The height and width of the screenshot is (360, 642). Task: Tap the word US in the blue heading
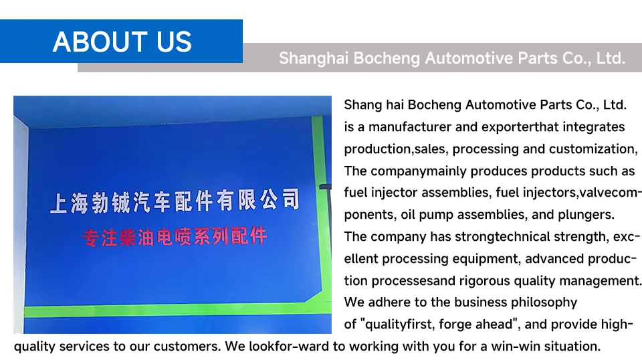pyautogui.click(x=175, y=41)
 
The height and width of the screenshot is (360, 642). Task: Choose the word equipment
pyautogui.click(x=487, y=258)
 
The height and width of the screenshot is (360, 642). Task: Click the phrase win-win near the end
pyautogui.click(x=500, y=347)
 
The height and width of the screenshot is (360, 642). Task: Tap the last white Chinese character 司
pyautogui.click(x=290, y=198)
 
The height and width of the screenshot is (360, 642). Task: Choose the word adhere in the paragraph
pyautogui.click(x=389, y=302)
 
